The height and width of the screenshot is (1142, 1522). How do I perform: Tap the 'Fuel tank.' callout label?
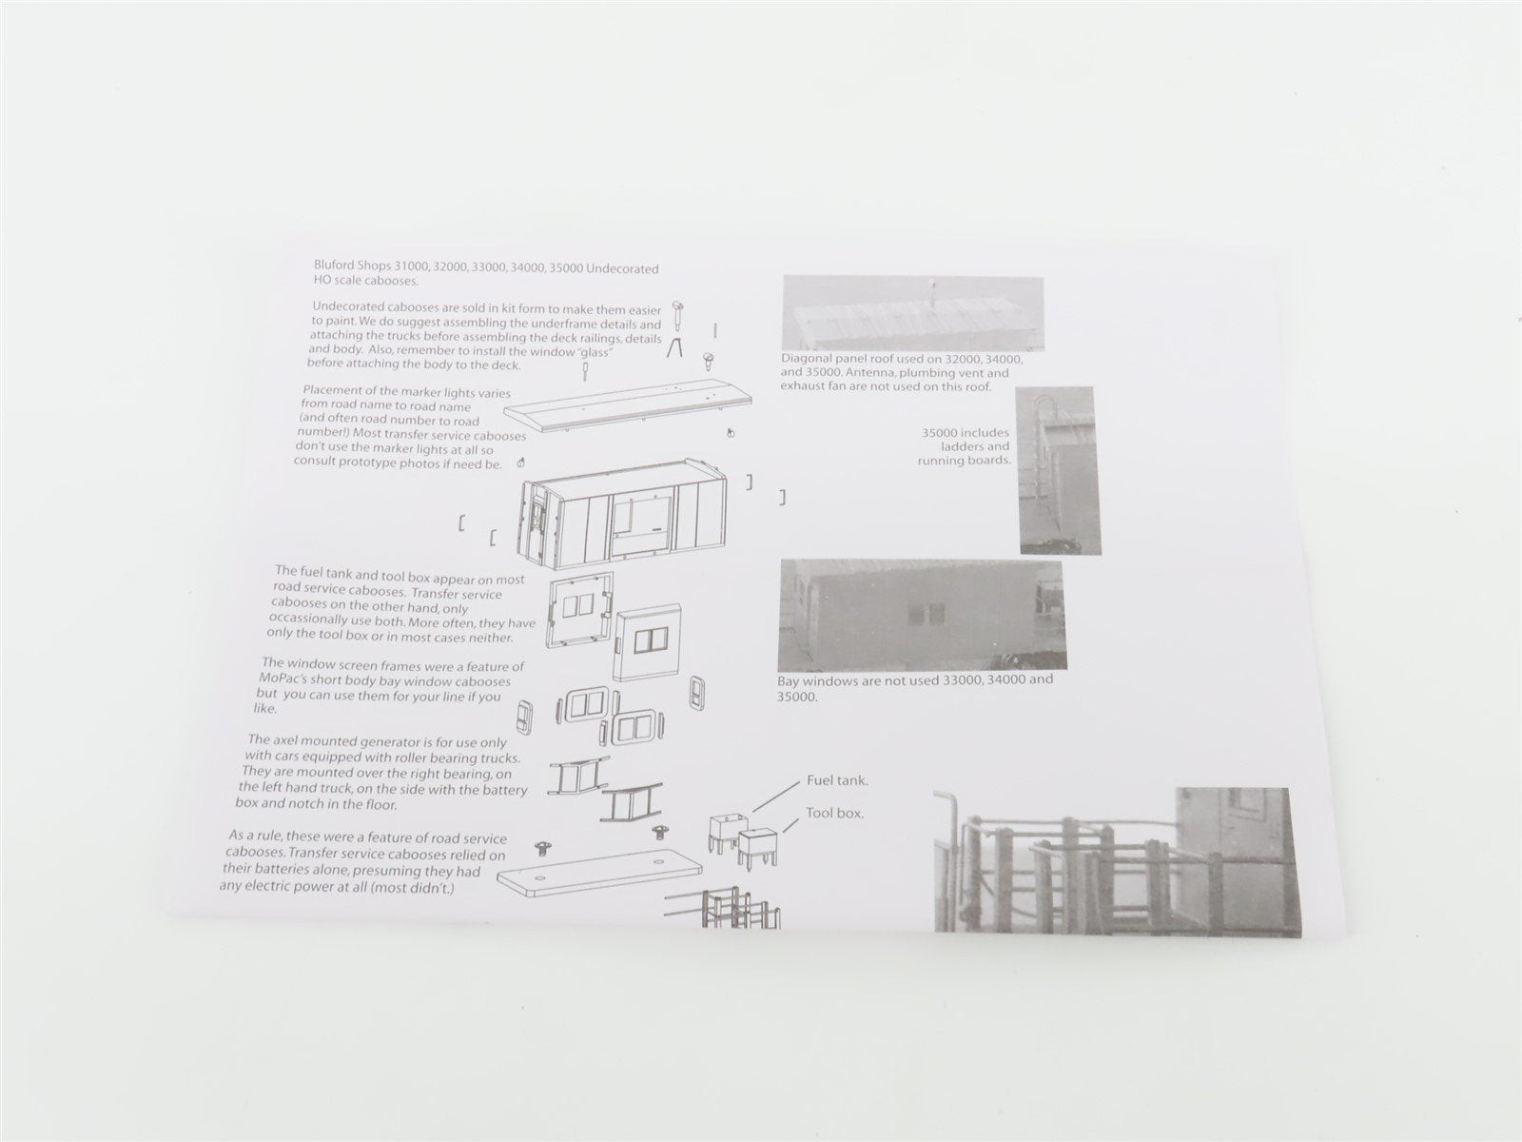tap(837, 780)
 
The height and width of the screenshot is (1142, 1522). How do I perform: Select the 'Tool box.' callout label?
tap(834, 813)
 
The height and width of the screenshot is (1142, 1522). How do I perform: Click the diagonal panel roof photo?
tap(913, 313)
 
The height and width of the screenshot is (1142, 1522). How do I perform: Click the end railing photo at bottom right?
tap(1117, 859)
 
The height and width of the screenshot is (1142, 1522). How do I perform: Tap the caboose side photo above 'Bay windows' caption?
tap(923, 615)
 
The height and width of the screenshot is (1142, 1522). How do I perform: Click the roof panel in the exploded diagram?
tap(628, 410)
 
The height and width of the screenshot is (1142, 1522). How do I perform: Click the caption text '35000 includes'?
tap(965, 433)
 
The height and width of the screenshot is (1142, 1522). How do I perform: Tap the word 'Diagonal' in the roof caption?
tap(807, 359)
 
